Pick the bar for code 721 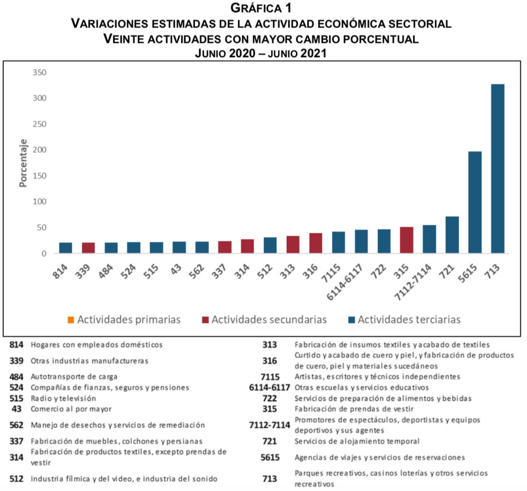452,235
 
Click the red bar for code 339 89,248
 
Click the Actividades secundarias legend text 269,320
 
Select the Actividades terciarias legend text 409,320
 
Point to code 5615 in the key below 270,457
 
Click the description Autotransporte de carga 74,377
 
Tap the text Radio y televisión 63,398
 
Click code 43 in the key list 18,409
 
